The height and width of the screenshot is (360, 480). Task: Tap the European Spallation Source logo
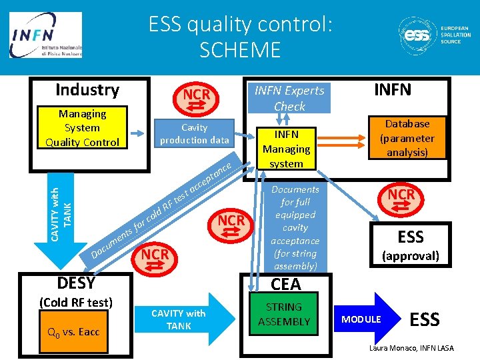pyautogui.click(x=434, y=34)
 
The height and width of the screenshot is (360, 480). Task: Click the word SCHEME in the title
pyautogui.click(x=240, y=49)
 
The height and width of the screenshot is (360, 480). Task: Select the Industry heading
pyautogui.click(x=87, y=90)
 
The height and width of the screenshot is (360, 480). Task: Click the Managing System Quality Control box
pyautogui.click(x=82, y=128)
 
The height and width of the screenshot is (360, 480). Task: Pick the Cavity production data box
pyautogui.click(x=194, y=133)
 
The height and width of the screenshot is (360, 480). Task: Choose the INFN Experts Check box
pyautogui.click(x=289, y=98)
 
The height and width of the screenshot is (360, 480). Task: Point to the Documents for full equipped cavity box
pyautogui.click(x=295, y=227)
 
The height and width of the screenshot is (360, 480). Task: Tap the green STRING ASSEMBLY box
pyautogui.click(x=285, y=314)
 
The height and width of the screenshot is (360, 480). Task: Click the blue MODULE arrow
pyautogui.click(x=366, y=319)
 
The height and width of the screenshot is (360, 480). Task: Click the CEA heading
pyautogui.click(x=286, y=285)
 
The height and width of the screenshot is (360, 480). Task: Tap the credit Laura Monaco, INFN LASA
pyautogui.click(x=411, y=349)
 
